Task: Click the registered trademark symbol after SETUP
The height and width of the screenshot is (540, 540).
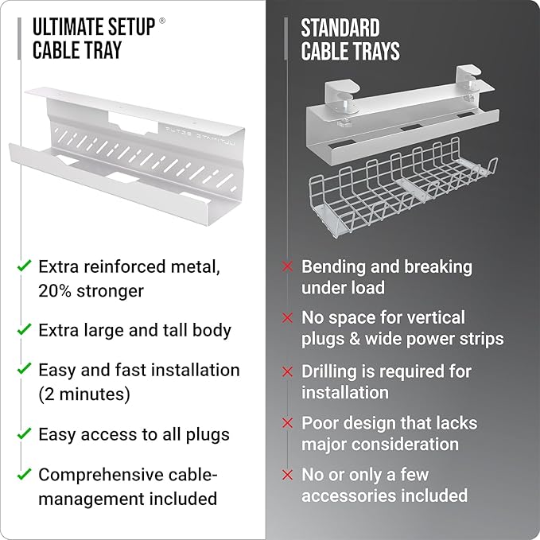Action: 162,21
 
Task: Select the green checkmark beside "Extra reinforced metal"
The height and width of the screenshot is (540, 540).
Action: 25,266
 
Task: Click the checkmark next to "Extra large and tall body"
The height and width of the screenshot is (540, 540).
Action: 25,329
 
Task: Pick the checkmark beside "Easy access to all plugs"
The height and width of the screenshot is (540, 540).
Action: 25,434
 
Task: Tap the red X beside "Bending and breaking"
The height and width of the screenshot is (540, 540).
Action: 288,267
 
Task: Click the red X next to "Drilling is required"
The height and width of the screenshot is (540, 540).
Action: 288,371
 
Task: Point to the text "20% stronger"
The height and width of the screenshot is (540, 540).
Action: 91,290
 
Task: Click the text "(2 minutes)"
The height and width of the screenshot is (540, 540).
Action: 84,394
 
